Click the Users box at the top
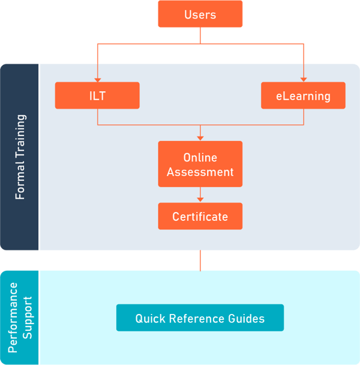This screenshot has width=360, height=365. (200, 14)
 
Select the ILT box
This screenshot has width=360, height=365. (97, 95)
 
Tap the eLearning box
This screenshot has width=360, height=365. (303, 95)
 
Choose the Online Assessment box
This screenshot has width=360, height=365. (200, 165)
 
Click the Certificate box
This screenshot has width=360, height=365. (200, 216)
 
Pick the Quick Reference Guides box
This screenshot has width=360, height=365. (200, 318)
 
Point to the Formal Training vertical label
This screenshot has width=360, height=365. (20, 157)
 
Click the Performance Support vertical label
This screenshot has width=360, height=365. (20, 318)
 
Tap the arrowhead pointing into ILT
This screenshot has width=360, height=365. (97, 79)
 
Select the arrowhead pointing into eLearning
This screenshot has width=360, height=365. (303, 79)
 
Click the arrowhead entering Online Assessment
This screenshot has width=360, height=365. (200, 137)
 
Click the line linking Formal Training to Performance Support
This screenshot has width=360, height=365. (200, 261)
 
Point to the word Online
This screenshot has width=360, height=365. (200, 158)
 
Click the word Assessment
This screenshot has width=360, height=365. (200, 172)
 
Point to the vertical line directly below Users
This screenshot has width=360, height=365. (200, 35)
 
